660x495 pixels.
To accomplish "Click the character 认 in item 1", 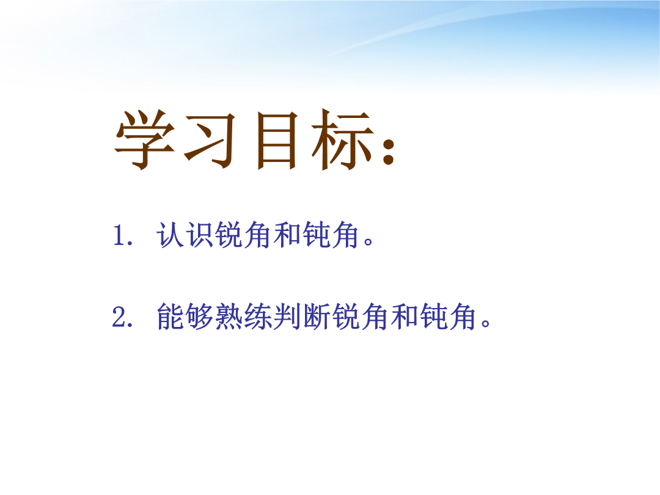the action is tap(170, 235).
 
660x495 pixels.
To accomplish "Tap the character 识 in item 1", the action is tap(199, 235).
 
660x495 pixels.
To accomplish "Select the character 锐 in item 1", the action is tap(229, 235).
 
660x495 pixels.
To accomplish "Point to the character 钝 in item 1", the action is tap(317, 235).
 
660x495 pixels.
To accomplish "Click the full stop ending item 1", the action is tap(368, 242).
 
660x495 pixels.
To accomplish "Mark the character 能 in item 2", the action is tap(170, 316).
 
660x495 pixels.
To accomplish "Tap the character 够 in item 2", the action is tap(199, 316).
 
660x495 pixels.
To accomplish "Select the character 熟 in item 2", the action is tap(229, 316).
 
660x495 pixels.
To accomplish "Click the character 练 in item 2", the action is tap(258, 316).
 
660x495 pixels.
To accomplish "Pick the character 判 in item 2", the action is tap(287, 316).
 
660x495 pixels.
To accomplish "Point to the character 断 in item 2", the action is tap(317, 316).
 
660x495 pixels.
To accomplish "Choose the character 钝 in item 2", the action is tap(433, 316).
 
